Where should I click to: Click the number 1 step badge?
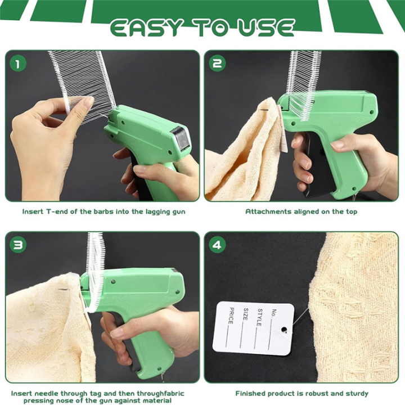tap(17, 63)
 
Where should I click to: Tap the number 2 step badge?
tap(217, 63)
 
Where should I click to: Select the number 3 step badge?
tap(17, 244)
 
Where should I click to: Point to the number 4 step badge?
tap(217, 244)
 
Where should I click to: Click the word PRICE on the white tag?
tap(231, 316)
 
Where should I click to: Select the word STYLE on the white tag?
tap(259, 317)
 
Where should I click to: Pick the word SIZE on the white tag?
tap(245, 314)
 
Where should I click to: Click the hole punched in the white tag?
tap(285, 329)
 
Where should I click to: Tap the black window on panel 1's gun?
tap(180, 138)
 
